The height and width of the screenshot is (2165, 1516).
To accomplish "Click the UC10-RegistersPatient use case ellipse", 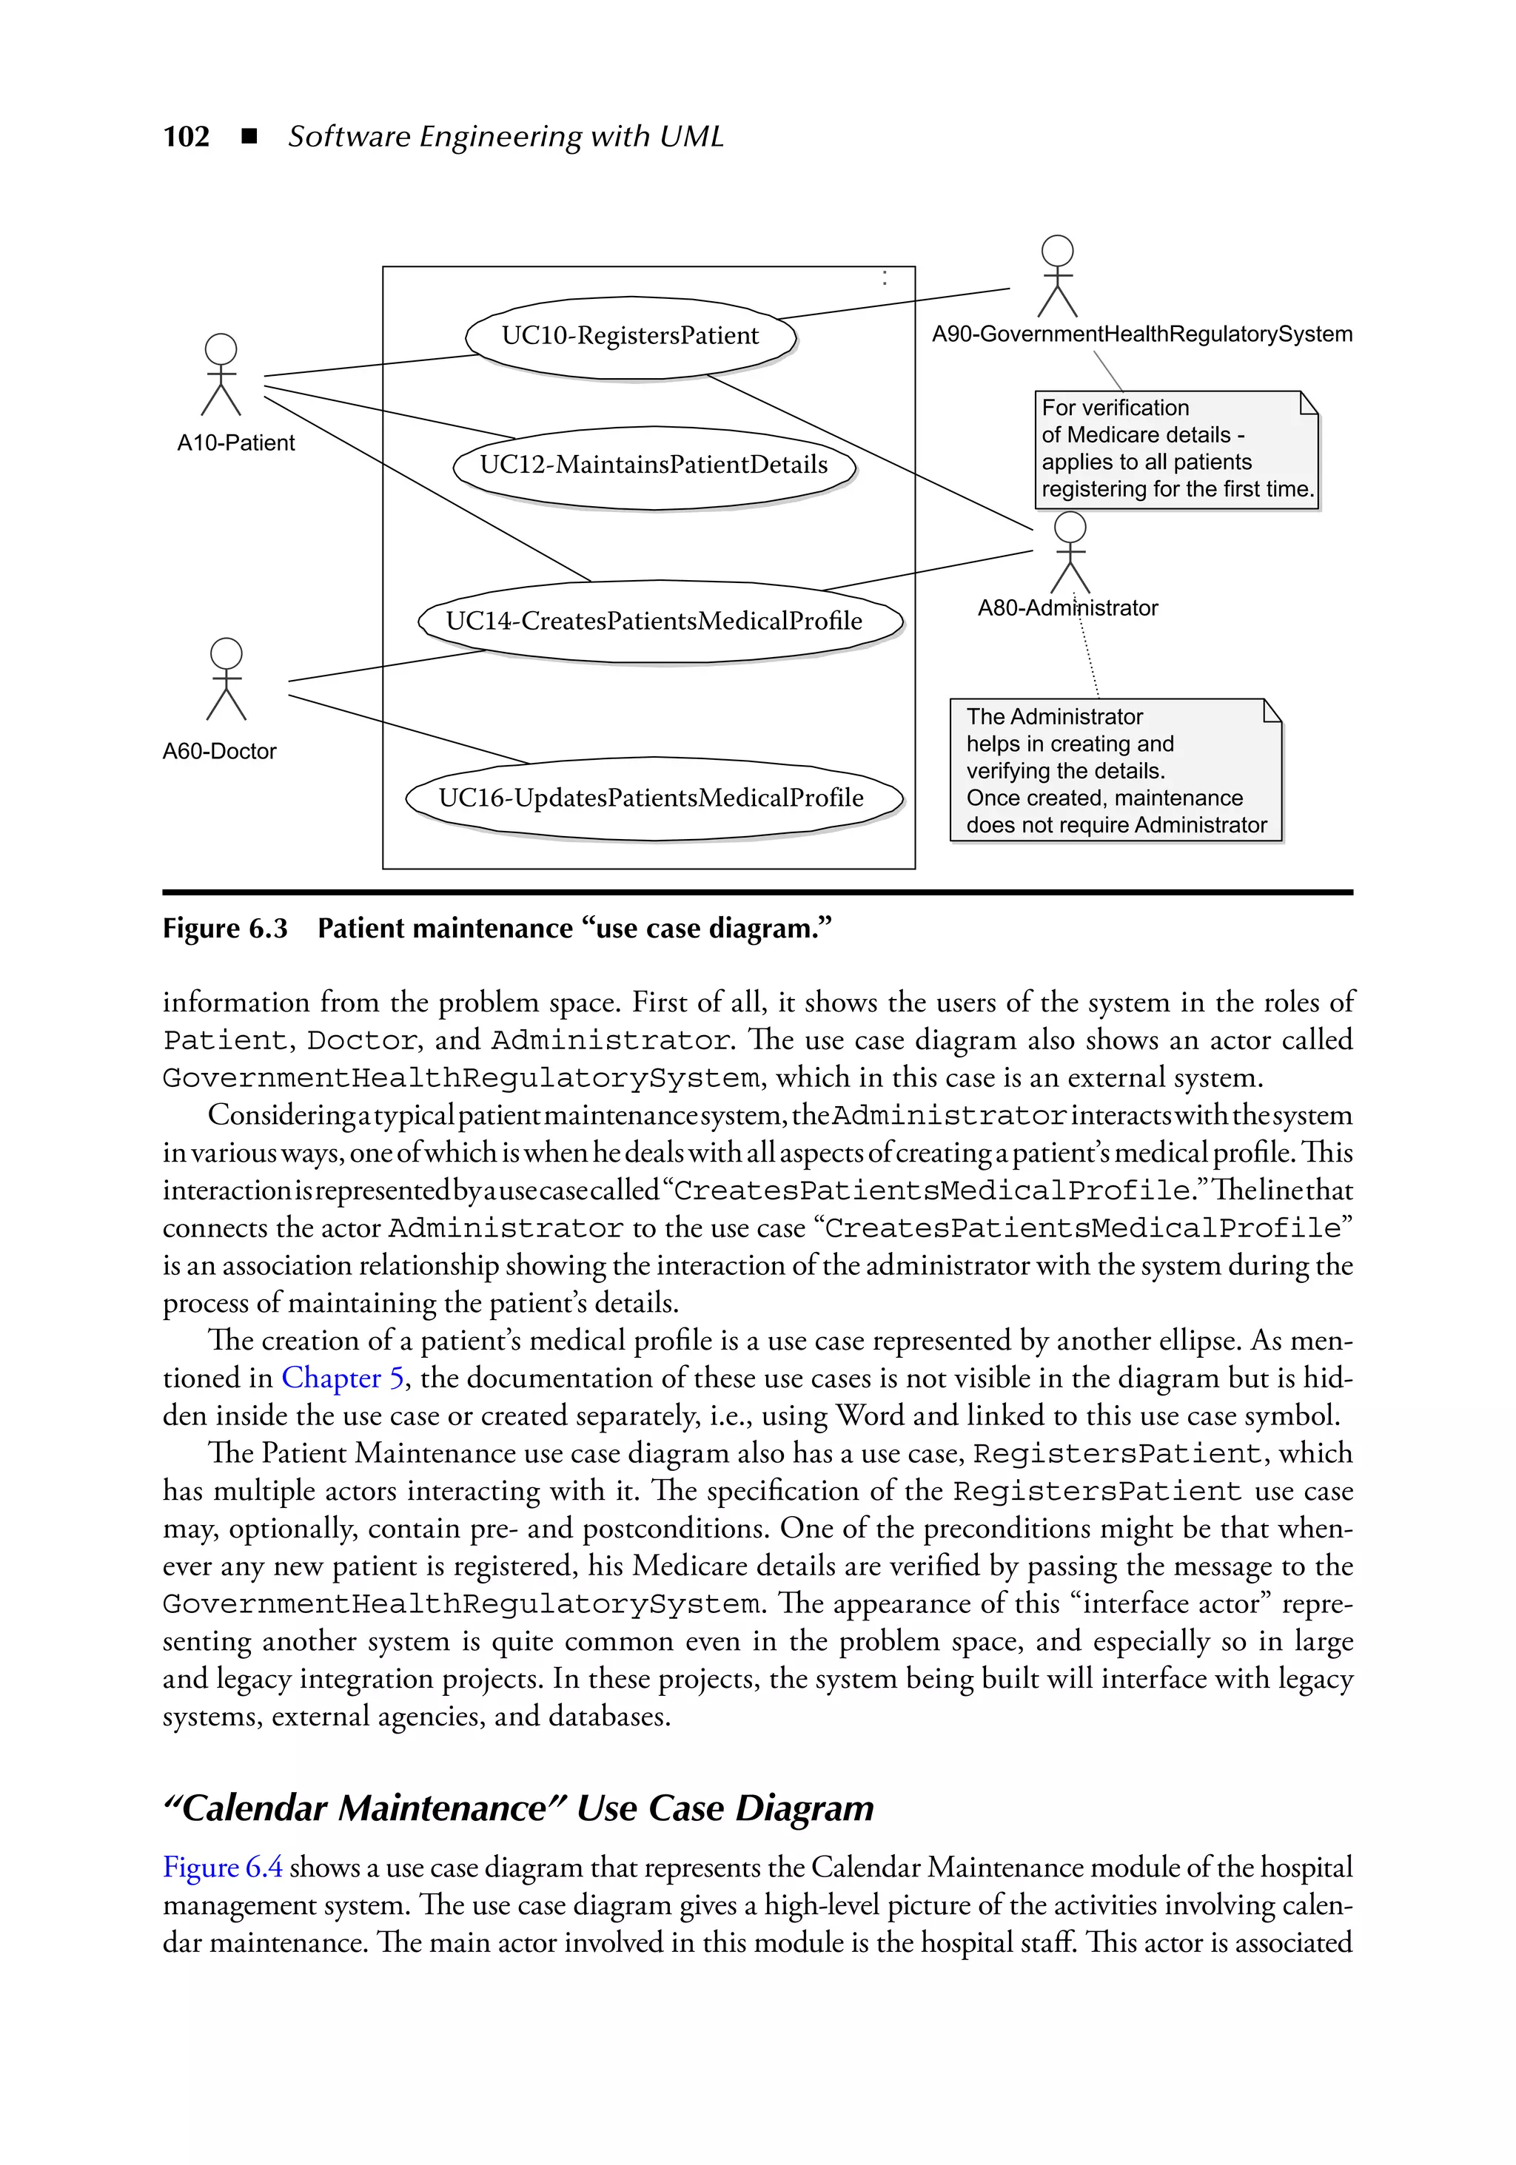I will (x=630, y=337).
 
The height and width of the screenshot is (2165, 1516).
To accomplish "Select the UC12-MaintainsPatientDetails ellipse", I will (x=653, y=466).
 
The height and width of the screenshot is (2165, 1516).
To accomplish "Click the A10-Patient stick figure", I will (x=221, y=374).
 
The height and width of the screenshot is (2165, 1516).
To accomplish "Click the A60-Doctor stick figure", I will (x=227, y=679).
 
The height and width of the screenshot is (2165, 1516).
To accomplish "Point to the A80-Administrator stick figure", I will (x=1070, y=553).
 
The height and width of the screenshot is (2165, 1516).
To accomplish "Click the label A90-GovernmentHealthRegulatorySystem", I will (x=1141, y=334).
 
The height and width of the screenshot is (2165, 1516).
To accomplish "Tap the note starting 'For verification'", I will (x=1175, y=450).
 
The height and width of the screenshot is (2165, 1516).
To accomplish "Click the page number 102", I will (x=186, y=137).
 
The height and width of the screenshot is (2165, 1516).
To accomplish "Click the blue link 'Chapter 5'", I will (x=343, y=1378).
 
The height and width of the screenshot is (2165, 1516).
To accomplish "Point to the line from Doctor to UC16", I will (x=408, y=730).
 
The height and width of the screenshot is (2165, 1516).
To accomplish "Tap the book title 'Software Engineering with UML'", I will (x=506, y=137).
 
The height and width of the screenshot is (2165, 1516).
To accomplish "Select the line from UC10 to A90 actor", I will (x=894, y=303).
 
